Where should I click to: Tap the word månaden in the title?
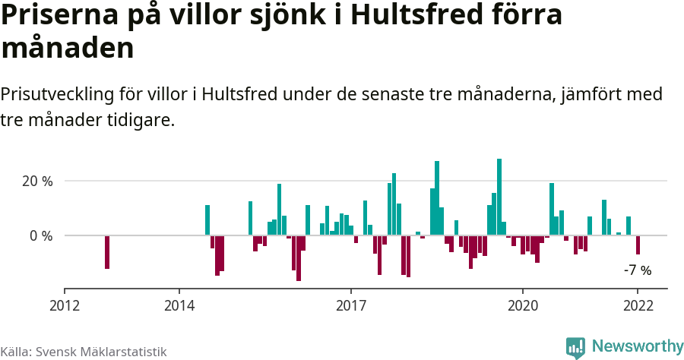tap(68, 49)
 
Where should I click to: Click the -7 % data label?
tap(637, 270)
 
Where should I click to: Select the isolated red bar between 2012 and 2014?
tap(107, 252)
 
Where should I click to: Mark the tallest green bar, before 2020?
tap(499, 197)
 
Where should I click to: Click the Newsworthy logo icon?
tap(575, 347)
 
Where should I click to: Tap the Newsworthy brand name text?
tap(637, 346)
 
